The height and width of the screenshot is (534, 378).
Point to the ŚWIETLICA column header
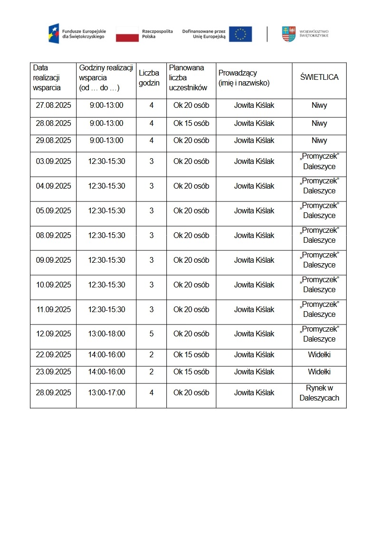[319, 77]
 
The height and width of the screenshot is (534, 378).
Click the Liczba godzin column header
[149, 77]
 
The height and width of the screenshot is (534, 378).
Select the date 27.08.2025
[53, 105]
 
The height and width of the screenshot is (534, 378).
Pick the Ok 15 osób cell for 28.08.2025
[191, 124]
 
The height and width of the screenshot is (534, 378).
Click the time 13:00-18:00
[107, 334]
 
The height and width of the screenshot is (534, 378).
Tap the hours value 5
[152, 334]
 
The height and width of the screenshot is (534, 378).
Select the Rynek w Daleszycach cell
[319, 393]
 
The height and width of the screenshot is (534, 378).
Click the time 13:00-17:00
[107, 393]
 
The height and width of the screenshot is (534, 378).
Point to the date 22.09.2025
[53, 355]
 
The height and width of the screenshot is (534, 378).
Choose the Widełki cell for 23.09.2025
[319, 372]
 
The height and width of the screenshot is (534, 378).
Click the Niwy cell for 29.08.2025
[319, 141]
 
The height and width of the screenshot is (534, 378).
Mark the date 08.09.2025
[53, 236]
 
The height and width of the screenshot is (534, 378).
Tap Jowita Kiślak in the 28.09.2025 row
[254, 393]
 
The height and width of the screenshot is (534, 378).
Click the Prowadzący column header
[244, 77]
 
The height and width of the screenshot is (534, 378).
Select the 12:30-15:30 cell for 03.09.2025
[107, 162]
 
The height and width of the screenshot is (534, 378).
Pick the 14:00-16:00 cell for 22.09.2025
[107, 355]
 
